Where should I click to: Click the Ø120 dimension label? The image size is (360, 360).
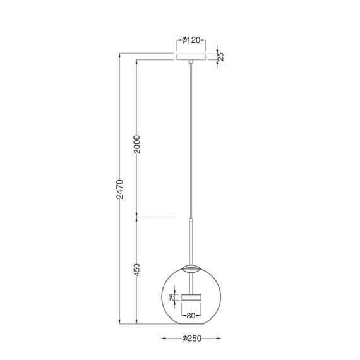coord(191,40)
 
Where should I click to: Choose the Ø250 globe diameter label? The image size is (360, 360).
coord(191,339)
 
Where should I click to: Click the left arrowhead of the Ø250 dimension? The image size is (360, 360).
coord(162,339)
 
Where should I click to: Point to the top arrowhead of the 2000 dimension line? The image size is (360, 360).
coord(137,63)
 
